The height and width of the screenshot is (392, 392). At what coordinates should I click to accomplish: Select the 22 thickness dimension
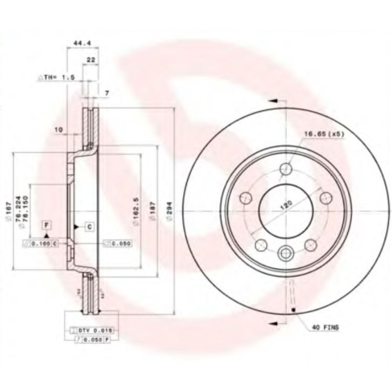point(91,60)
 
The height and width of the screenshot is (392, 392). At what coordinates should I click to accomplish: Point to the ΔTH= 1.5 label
point(56,78)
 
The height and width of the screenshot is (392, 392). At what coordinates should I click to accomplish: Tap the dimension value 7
point(107,93)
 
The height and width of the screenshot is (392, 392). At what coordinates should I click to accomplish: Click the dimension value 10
point(59,129)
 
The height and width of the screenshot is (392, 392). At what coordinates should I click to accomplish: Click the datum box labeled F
point(47,225)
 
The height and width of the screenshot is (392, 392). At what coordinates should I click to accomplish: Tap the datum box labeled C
point(89,226)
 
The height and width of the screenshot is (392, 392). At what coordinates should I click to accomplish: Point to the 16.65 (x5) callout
point(324,134)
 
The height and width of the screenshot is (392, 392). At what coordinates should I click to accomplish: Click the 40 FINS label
point(326,326)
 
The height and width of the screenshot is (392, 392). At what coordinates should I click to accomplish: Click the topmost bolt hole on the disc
point(287,169)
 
